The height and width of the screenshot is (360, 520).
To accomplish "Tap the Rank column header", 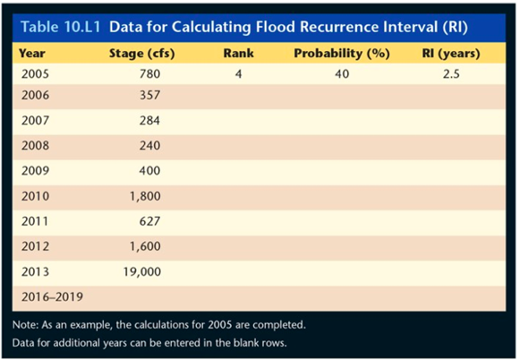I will click(239, 53).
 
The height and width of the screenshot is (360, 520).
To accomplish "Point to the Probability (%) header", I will click(341, 53).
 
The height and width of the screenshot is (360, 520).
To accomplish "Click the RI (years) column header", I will click(451, 53).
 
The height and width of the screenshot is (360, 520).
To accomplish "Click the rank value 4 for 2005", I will click(239, 73).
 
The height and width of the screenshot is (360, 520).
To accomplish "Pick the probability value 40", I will click(342, 73).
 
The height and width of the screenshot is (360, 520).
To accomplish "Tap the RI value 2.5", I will click(450, 73).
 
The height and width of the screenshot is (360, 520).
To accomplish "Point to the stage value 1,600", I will click(146, 244).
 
